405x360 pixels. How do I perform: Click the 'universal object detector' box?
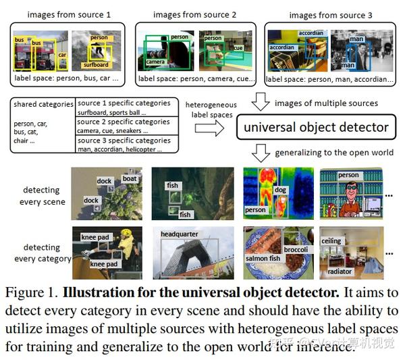tap(316, 127)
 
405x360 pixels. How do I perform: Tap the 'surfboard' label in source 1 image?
tap(96, 66)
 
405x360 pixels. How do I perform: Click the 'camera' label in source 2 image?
tap(156, 61)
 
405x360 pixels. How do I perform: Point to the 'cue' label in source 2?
tap(238, 48)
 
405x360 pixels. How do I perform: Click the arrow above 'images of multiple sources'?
tap(261, 103)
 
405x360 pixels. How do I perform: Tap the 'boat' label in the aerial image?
tap(130, 179)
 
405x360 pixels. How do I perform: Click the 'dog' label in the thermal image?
tap(280, 190)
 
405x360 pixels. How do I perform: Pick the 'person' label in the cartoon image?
tap(348, 175)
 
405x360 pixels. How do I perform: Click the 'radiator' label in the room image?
tap(340, 272)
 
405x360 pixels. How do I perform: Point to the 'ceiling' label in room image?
tap(331, 241)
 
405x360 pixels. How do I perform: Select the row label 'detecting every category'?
tap(42, 253)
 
